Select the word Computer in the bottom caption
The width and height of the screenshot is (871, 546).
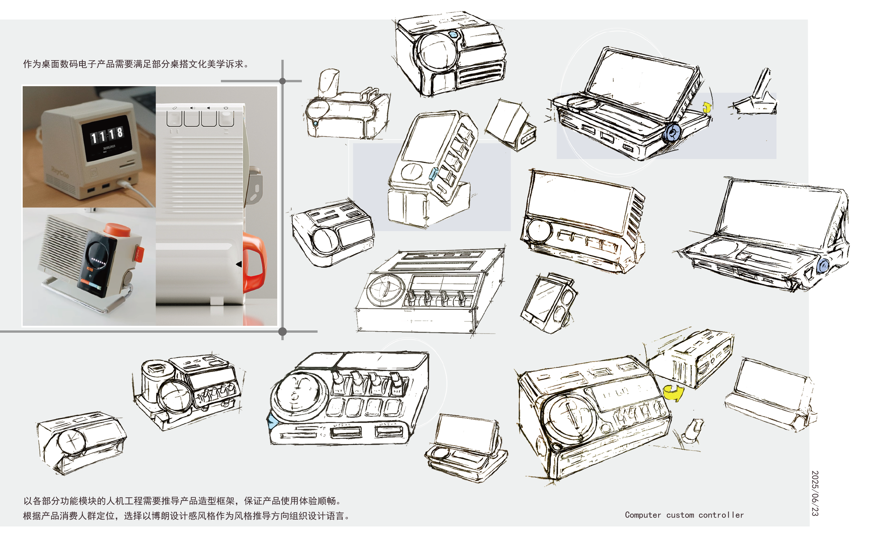(643, 515)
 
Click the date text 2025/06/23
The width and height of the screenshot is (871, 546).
(815, 493)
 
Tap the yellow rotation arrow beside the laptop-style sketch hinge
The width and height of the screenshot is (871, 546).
(707, 107)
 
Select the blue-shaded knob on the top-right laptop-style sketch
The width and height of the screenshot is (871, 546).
(672, 133)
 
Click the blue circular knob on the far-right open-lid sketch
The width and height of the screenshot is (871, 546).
(823, 266)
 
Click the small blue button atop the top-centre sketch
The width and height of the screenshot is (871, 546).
(453, 35)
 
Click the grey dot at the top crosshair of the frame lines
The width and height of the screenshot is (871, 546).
(282, 81)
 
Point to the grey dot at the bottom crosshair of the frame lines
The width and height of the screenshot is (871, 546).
(282, 331)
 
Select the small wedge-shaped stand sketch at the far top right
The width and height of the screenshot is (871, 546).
(757, 96)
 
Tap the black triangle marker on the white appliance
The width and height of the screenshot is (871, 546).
(239, 264)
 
